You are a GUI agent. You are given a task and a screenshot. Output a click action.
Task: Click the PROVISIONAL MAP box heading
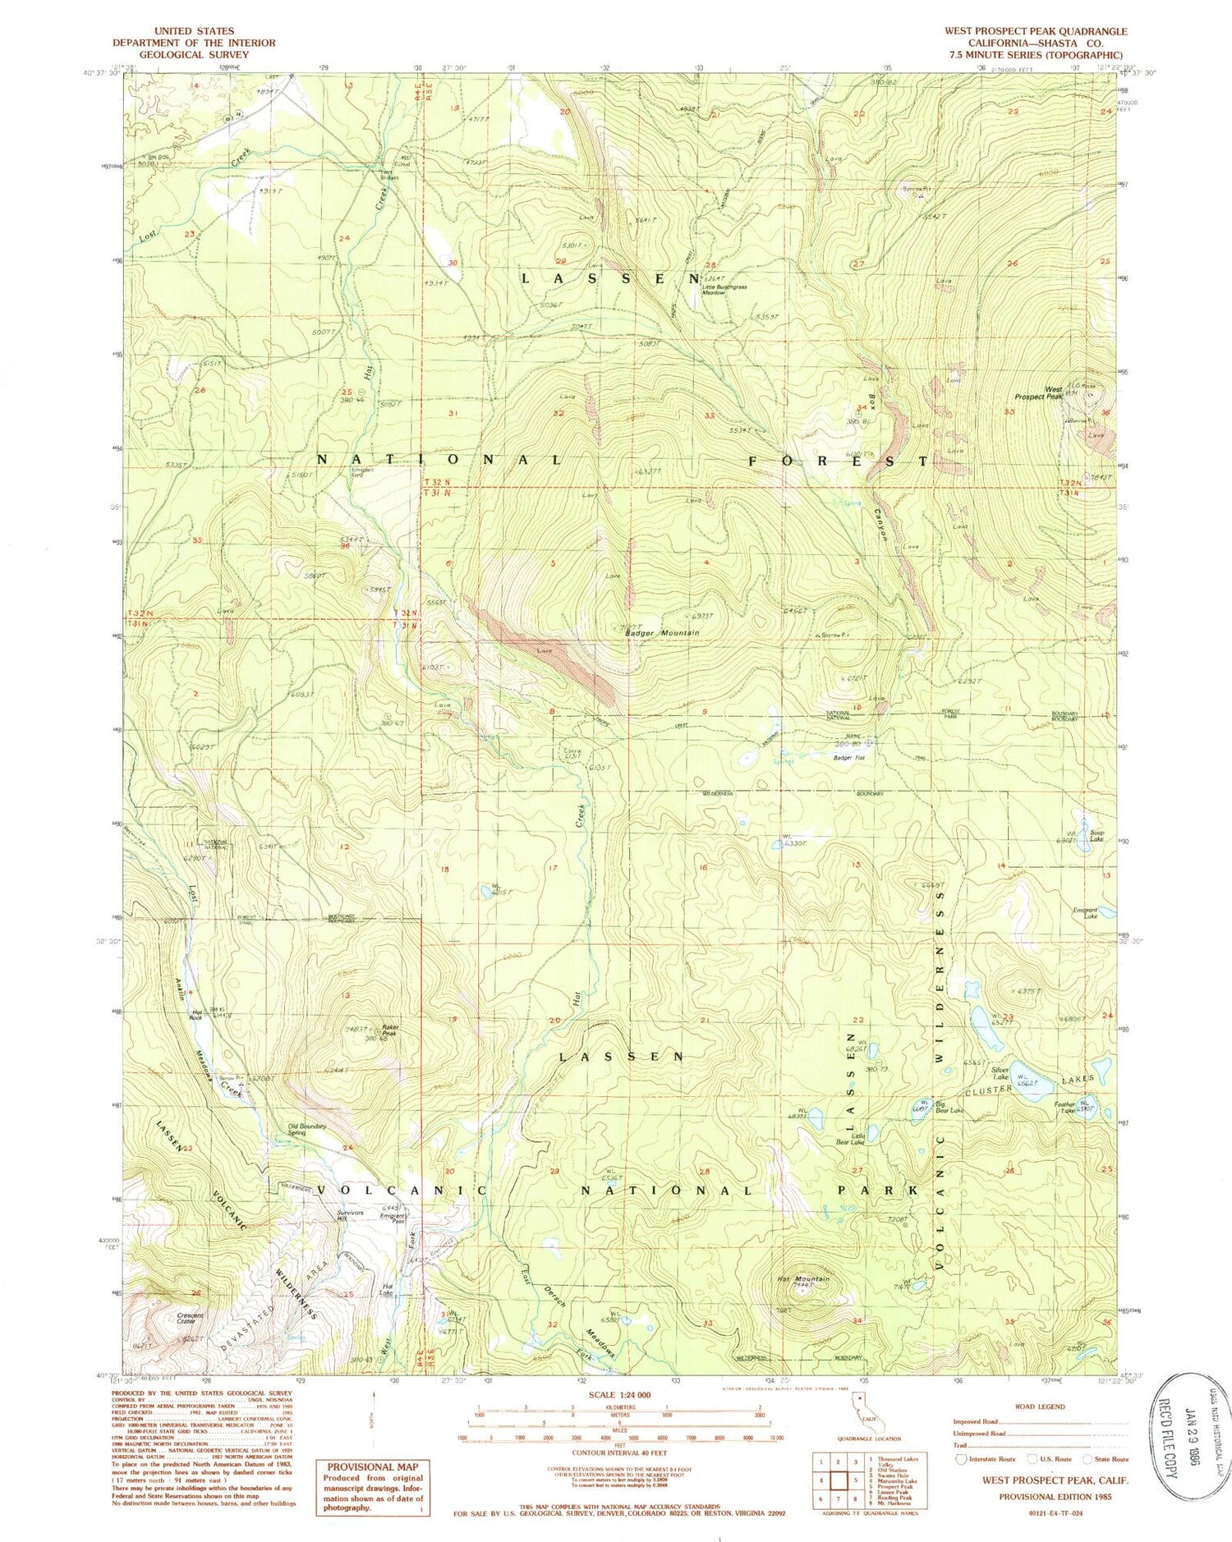coord(373,1466)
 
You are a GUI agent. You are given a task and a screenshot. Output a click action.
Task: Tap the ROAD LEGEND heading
coord(1040,1406)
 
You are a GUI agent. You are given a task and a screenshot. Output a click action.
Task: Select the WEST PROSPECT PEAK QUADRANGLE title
coord(1035,31)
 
